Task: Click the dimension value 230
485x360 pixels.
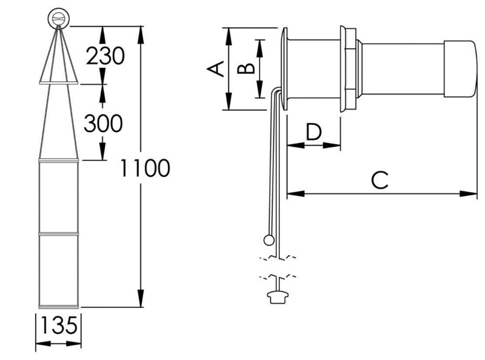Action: click(x=105, y=56)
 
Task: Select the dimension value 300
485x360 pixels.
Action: click(x=103, y=124)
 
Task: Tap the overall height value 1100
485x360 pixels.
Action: click(x=144, y=168)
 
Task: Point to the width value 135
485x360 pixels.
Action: click(x=59, y=327)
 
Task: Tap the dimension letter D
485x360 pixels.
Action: click(x=313, y=132)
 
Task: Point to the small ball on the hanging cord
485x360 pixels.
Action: click(x=269, y=241)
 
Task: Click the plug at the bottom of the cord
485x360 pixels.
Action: click(x=276, y=296)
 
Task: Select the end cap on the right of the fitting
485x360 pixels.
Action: click(x=461, y=68)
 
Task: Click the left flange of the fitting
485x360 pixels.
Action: click(x=284, y=68)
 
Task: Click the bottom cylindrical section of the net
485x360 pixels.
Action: click(x=59, y=270)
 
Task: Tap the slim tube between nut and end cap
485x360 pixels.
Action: click(x=402, y=68)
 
